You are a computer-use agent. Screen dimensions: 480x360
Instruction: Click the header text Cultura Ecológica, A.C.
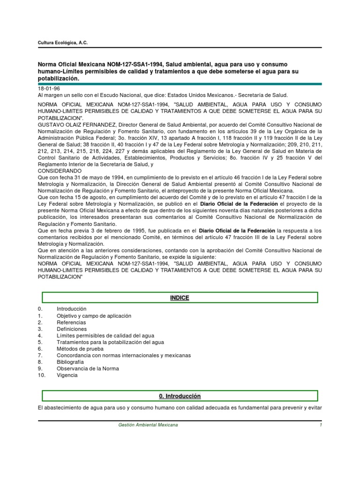(x=62, y=43)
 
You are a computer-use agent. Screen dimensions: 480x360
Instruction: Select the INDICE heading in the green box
(x=180, y=298)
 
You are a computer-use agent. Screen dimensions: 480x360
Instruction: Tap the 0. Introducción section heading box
(x=180, y=396)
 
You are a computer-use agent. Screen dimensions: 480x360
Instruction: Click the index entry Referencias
(x=71, y=322)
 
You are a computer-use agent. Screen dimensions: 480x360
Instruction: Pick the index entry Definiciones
(x=72, y=329)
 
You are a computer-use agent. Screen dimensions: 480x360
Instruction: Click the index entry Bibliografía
(x=70, y=362)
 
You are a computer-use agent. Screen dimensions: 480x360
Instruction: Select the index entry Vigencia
(x=67, y=375)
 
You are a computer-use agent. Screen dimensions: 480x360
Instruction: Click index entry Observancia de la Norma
(x=88, y=368)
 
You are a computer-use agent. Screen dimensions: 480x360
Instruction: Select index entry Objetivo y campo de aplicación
(x=94, y=316)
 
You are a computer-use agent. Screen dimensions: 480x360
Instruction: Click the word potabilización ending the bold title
(x=57, y=79)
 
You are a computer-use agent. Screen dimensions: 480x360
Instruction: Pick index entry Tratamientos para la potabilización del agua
(x=110, y=342)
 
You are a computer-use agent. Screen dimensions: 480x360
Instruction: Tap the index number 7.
(x=40, y=355)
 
